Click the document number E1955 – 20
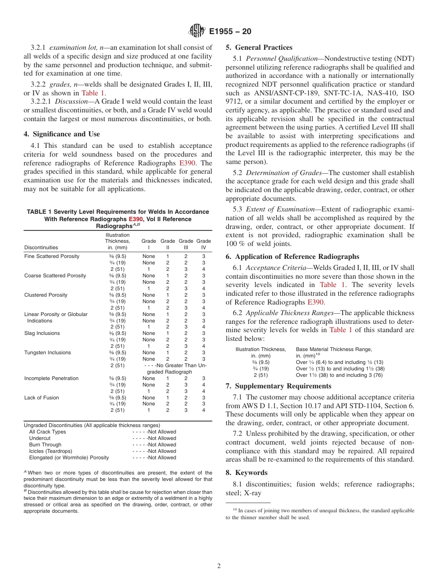pos(230,32)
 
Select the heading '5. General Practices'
pos(259,47)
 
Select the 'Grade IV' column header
pos(203,244)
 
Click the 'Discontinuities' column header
pos(41,247)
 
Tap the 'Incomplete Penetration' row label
pos(51,378)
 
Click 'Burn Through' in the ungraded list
pos(45,445)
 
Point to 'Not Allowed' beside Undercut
pos(161,438)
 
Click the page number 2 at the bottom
pos(219,566)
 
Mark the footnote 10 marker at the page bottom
pos(234,510)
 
